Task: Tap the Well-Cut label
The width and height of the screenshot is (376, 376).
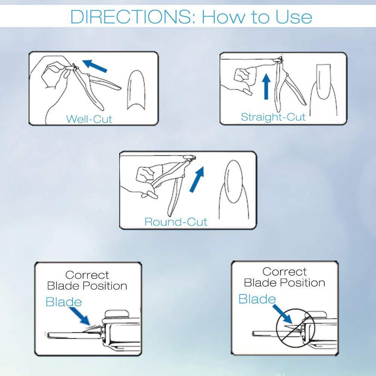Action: click(x=89, y=119)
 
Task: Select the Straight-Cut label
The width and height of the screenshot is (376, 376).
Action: click(x=273, y=117)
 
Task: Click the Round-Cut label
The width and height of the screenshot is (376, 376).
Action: click(x=175, y=221)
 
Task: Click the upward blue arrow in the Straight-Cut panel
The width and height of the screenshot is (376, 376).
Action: click(x=266, y=86)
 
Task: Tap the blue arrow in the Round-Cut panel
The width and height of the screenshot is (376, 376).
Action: click(x=197, y=180)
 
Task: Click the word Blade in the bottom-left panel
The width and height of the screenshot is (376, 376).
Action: click(x=63, y=302)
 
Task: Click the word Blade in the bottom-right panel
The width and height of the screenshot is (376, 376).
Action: click(x=257, y=299)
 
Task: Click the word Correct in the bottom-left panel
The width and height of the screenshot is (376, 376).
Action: click(x=87, y=275)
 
